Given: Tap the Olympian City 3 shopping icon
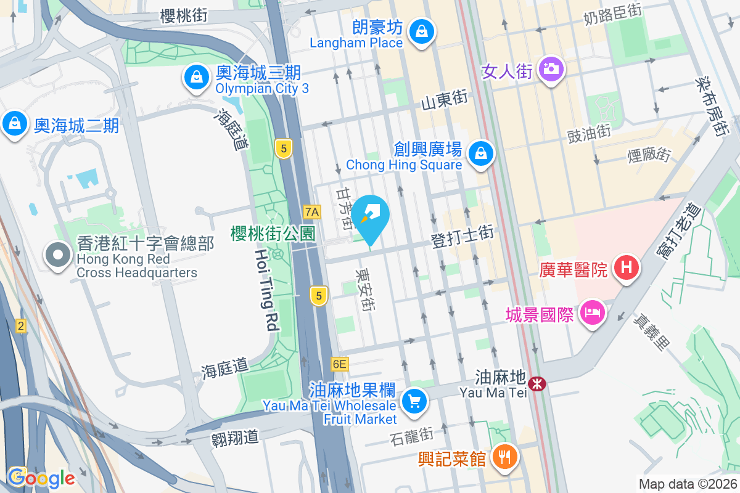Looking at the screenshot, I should point(195,78).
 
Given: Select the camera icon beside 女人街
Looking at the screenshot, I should point(551,68).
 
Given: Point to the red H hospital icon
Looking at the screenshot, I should point(627,269).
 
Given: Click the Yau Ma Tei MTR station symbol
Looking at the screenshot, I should point(537,384).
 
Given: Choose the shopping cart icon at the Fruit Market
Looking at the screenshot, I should point(413,402).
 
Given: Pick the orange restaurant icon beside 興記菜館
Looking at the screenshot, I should point(504,457).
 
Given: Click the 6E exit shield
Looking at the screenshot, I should point(339,364).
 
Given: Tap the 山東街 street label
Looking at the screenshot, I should point(445,100).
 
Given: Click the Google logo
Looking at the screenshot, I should point(41,478).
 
